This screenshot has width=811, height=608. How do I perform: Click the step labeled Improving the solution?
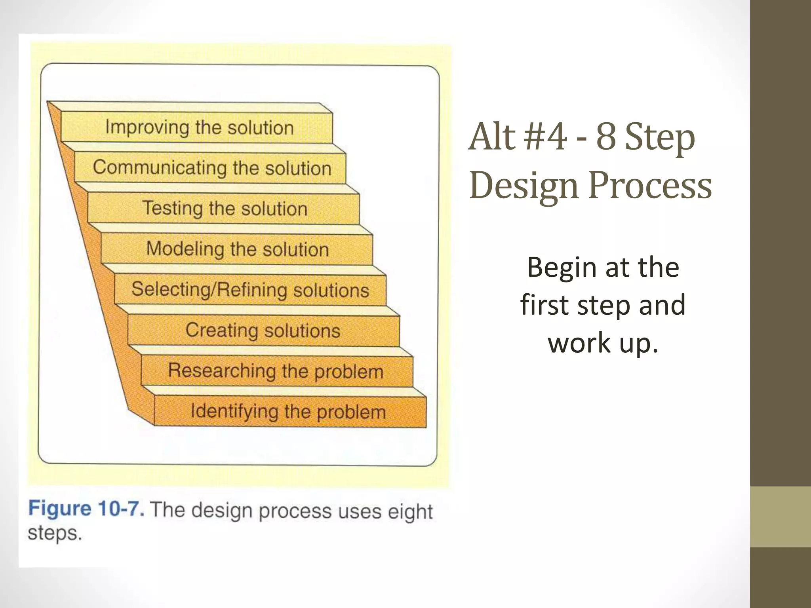pos(199,128)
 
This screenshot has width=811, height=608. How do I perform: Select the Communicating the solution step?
pos(212,168)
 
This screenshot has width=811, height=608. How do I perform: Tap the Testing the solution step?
pos(225,209)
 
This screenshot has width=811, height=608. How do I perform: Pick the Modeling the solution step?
pos(238,249)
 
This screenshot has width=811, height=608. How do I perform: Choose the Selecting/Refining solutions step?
pos(250,290)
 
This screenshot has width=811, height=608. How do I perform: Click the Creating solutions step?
pos(263,331)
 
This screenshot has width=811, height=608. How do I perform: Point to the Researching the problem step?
pos(276,371)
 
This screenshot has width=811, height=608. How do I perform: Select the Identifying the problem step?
pos(288,412)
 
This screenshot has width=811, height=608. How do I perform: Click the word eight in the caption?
pos(410,512)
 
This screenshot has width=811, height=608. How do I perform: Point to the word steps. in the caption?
pos(55,533)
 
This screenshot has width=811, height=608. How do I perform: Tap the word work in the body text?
pos(579,343)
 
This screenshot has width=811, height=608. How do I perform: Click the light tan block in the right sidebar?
pos(780,517)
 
